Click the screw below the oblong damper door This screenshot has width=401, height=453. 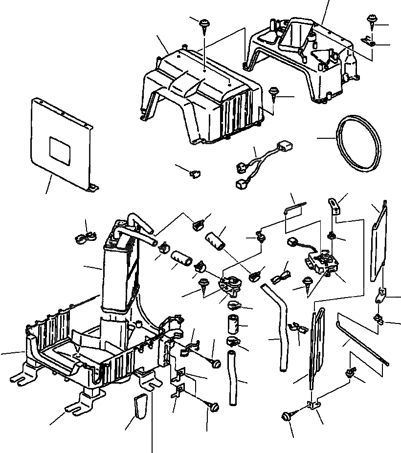[x=286, y=417]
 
